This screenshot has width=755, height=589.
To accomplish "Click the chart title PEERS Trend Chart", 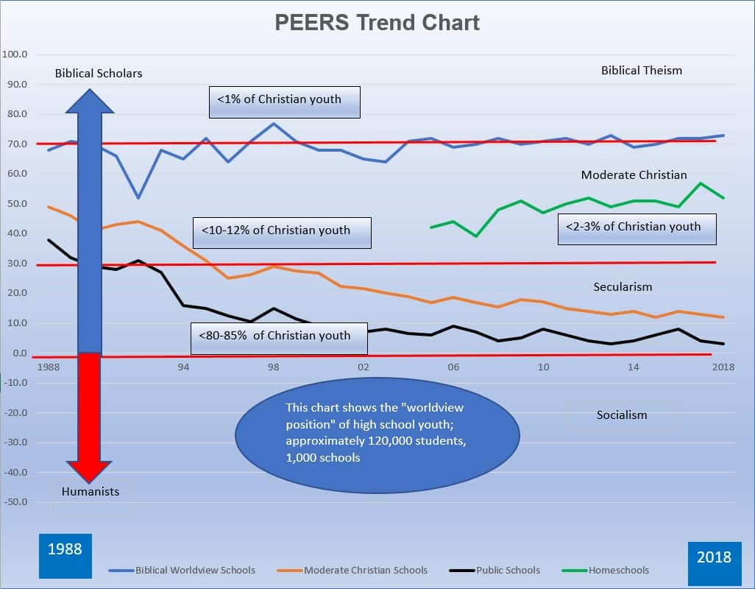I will click(377, 23).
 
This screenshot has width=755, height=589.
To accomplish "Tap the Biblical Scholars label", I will click(99, 73).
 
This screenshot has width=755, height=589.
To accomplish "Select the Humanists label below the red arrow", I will click(91, 491).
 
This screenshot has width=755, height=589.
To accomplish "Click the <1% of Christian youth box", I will click(285, 100).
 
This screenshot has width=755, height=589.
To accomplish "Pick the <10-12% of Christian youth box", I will click(281, 231).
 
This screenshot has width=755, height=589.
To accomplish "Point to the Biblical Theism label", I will click(642, 71).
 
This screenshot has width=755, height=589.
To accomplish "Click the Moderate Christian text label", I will click(634, 175).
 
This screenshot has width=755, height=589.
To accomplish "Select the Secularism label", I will click(623, 287).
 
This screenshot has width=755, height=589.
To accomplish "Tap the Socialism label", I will click(622, 415).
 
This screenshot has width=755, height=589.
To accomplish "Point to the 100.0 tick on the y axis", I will click(15, 54).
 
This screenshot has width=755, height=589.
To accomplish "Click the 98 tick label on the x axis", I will click(273, 367).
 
